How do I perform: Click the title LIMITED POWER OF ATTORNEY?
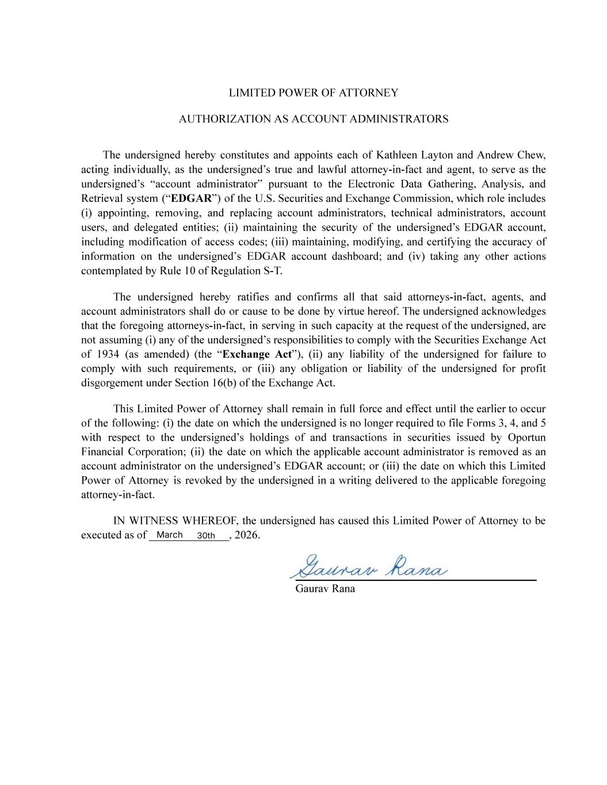point(313,93)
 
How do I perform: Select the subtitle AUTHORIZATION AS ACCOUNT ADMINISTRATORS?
point(313,119)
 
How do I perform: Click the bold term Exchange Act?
point(257,354)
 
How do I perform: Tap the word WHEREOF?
point(210,521)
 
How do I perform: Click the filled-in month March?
point(169,535)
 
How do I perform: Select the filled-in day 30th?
point(205,536)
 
